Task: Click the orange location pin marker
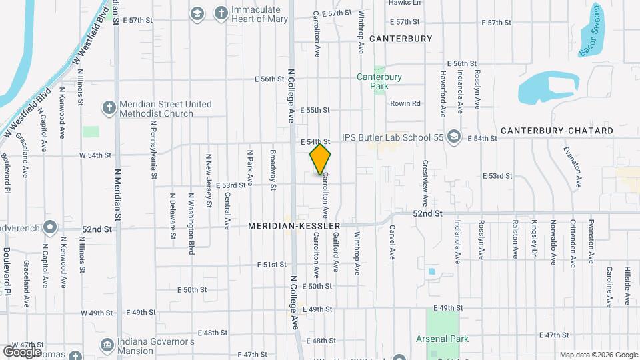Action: pos(321,159)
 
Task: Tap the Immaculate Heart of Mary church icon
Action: pos(221,13)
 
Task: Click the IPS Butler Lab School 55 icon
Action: pos(454,137)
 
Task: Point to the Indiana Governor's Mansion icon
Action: pos(107,345)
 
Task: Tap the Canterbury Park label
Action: pos(379,81)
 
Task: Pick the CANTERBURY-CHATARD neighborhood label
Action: pos(557,131)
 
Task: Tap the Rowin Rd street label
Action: pos(405,103)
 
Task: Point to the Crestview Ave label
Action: pos(425,182)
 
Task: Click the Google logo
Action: pos(22,351)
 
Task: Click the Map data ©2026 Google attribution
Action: pos(598,355)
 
